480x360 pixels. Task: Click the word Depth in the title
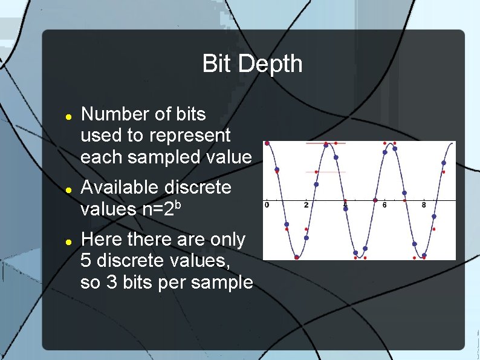click(271, 64)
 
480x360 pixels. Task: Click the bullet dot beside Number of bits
click(69, 115)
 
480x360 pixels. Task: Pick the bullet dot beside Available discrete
click(69, 189)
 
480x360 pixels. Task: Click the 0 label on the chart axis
click(267, 205)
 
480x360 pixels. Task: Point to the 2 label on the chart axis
click(306, 205)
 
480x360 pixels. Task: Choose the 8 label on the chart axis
click(424, 205)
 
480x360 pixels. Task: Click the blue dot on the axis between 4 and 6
click(375, 200)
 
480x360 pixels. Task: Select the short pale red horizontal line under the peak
click(326, 172)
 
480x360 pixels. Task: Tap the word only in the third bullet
click(230, 240)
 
